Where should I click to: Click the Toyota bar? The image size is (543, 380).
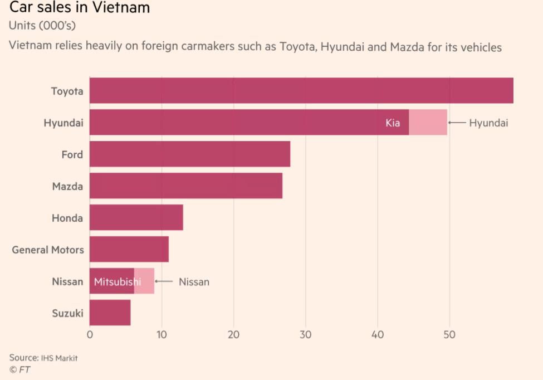301,91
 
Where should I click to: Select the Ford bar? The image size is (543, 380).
189,154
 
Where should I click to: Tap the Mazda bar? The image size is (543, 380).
185,186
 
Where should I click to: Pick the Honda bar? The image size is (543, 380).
136,218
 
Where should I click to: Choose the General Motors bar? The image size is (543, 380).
129,250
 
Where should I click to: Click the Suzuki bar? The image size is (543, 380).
110,313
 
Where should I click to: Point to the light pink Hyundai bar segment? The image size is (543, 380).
428,123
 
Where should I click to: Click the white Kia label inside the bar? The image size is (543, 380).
393,123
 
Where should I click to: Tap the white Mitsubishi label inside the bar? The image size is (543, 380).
117,282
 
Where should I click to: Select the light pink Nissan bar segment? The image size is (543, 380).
144,281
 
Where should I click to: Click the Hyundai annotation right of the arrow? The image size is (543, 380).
488,123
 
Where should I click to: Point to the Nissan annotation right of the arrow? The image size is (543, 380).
194,282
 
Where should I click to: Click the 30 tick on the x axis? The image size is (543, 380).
306,335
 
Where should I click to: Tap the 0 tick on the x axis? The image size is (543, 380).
90,335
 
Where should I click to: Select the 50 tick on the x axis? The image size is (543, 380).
449,335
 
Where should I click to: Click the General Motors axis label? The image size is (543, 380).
48,250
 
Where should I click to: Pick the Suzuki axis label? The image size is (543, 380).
67,313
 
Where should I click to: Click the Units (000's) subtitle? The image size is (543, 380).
42,26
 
